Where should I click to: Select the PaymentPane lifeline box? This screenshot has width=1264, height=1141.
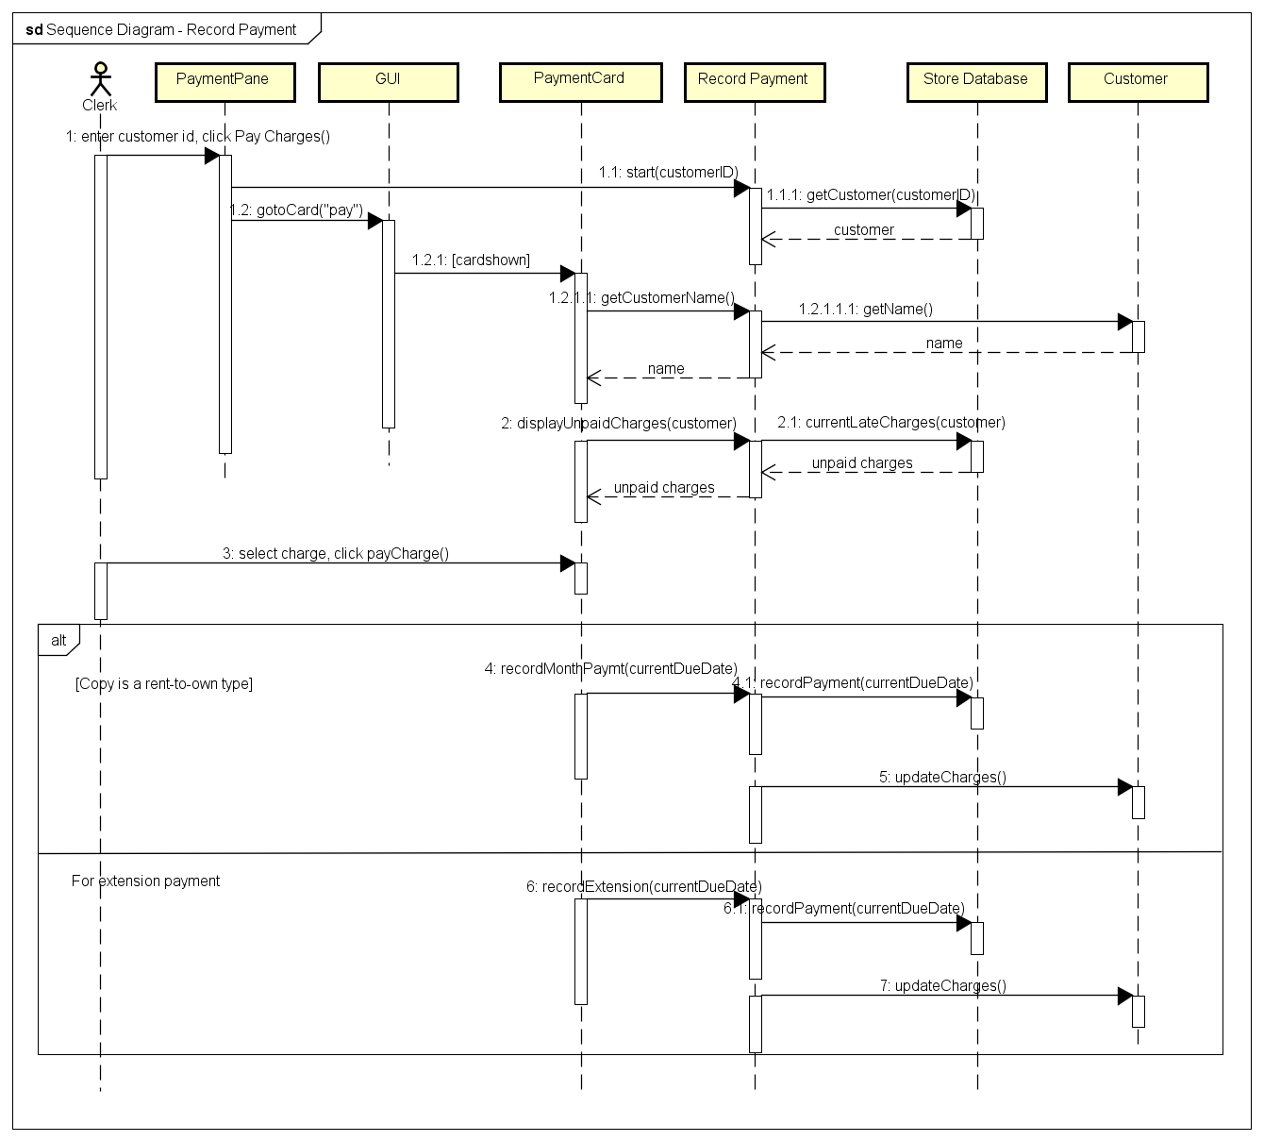click(x=224, y=81)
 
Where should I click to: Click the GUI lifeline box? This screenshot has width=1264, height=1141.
click(x=389, y=81)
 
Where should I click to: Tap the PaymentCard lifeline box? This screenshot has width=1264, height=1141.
click(x=579, y=81)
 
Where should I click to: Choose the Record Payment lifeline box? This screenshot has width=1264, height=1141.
click(x=754, y=81)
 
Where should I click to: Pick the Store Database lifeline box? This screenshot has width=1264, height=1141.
click(x=976, y=81)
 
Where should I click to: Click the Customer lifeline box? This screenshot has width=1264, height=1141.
click(x=1137, y=81)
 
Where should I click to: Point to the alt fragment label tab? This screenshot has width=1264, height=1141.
click(x=58, y=640)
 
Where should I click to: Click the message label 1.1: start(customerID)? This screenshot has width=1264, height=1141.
click(x=668, y=173)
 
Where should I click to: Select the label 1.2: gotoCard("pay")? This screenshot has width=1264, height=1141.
click(x=297, y=210)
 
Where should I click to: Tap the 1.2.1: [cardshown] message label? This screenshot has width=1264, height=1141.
click(x=471, y=260)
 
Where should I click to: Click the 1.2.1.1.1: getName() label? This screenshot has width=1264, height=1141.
click(x=865, y=309)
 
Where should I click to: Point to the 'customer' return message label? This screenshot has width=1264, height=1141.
click(x=863, y=230)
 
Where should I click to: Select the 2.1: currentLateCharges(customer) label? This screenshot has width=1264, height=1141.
click(x=890, y=423)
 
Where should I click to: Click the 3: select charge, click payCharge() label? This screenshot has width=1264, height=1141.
click(x=335, y=553)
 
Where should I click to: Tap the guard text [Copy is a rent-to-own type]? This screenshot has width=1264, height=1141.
click(x=163, y=683)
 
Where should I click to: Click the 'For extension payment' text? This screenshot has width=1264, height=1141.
click(x=145, y=881)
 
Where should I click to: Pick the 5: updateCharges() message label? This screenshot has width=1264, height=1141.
click(x=942, y=777)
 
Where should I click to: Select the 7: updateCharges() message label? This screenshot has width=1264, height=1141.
click(x=942, y=985)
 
